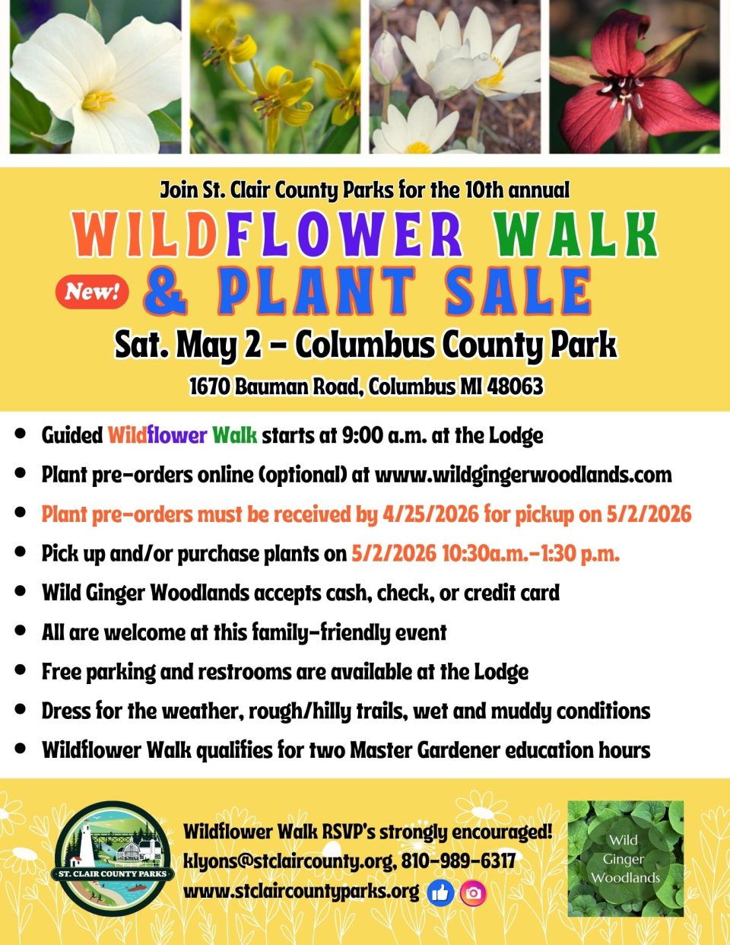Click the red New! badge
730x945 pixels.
(92, 292)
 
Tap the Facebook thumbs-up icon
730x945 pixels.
(440, 892)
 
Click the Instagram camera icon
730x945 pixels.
(473, 892)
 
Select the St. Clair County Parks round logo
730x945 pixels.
(113, 858)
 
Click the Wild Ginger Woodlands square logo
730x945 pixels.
(625, 858)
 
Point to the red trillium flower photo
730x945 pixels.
(634, 77)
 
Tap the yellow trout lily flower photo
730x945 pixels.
(275, 77)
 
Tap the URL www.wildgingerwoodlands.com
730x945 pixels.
(523, 475)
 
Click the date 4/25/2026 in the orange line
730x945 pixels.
(430, 514)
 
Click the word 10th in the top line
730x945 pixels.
(484, 190)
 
